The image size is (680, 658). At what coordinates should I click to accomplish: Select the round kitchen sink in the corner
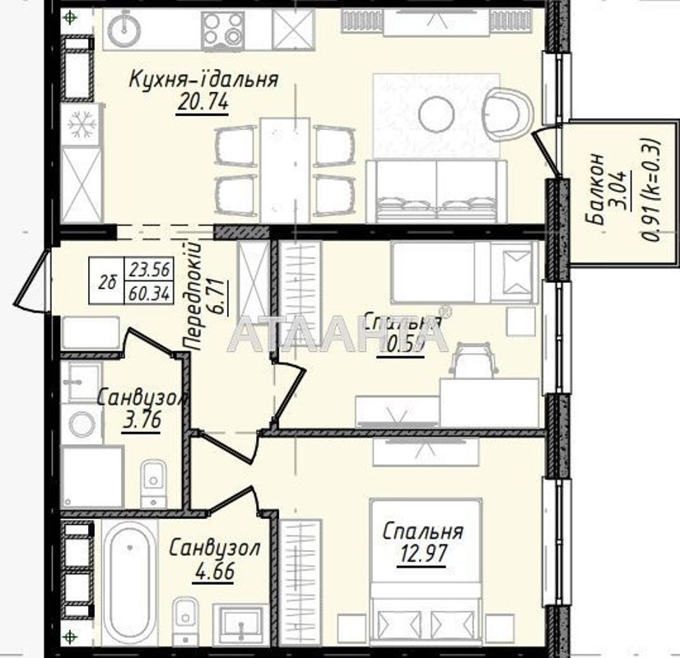point(126,29)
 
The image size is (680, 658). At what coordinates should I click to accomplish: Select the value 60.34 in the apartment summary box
point(149,292)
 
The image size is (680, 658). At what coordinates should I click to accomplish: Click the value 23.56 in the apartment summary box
point(149,268)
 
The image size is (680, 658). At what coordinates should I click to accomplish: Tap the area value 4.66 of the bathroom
point(213,569)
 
